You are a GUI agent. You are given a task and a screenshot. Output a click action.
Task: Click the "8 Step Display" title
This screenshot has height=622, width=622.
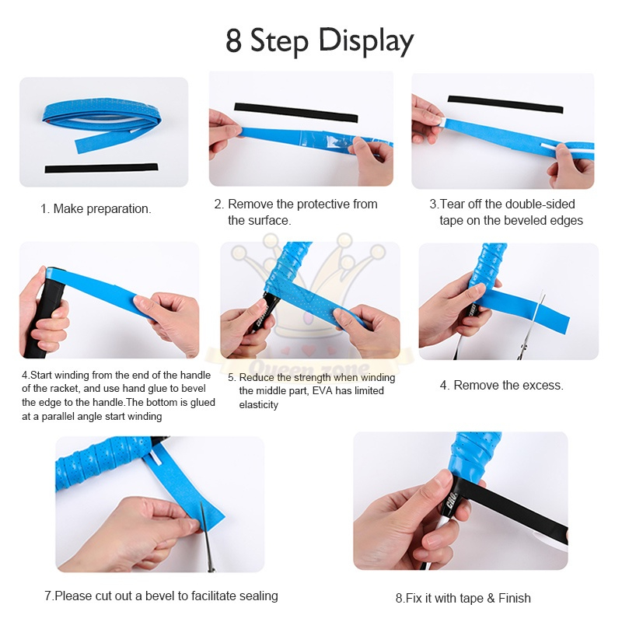pyautogui.click(x=320, y=41)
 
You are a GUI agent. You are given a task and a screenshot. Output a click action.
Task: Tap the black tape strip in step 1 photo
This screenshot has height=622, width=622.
pyautogui.click(x=101, y=168)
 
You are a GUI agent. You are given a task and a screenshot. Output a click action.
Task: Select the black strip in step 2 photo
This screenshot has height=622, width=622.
pyautogui.click(x=296, y=112)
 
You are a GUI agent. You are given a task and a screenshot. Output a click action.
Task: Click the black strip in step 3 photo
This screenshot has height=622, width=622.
pyautogui.click(x=505, y=104)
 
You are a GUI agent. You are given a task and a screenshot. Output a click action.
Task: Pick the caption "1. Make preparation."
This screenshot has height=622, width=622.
pyautogui.click(x=96, y=208)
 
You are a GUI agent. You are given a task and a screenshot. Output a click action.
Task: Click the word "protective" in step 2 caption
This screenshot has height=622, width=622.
pyautogui.click(x=323, y=204)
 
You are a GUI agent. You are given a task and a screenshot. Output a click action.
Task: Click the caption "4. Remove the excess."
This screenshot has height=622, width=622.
pyautogui.click(x=501, y=385)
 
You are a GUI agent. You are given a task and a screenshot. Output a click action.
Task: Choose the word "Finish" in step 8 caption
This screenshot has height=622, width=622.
pyautogui.click(x=515, y=598)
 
